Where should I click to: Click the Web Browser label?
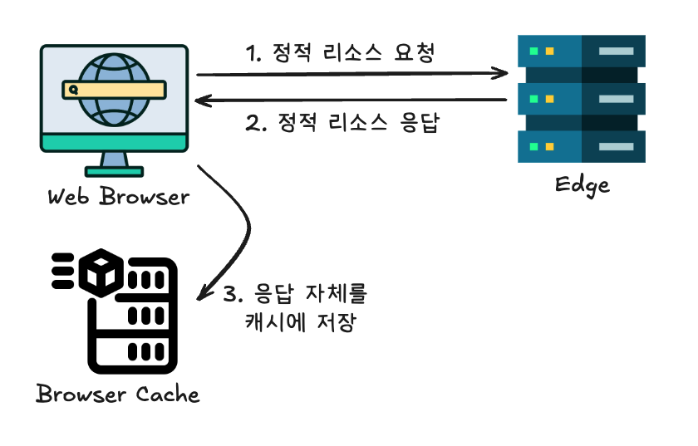117,198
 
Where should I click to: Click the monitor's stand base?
114,172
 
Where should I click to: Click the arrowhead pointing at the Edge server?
500,74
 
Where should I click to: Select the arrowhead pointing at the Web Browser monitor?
202,100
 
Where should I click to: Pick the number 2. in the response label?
256,125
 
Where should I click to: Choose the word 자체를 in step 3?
332,294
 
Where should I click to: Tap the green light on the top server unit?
533,51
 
